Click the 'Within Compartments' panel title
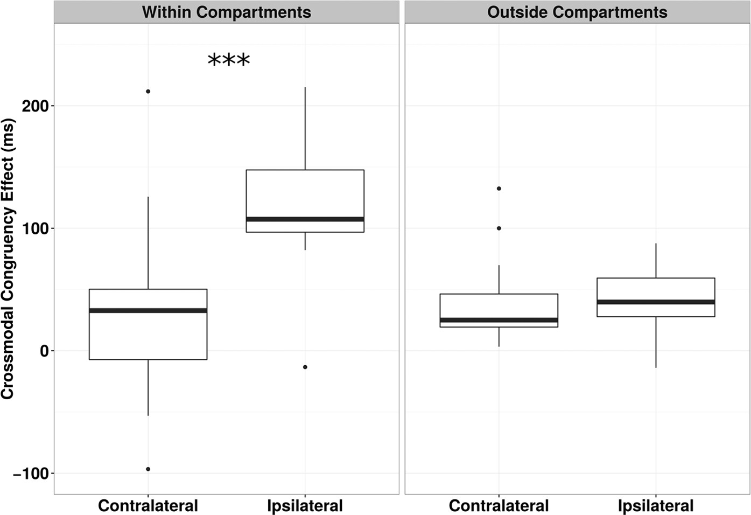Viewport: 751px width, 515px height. (226, 12)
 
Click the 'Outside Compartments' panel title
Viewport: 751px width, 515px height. (577, 12)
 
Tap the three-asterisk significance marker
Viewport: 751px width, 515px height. (229, 59)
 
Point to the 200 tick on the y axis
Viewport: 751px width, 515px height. (35, 106)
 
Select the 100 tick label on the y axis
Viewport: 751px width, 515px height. (35, 228)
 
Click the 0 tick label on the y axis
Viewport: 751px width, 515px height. (44, 351)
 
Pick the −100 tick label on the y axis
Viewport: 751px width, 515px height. (30, 474)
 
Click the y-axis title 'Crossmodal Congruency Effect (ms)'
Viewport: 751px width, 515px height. (8, 259)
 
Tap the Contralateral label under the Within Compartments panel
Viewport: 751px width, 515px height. (148, 506)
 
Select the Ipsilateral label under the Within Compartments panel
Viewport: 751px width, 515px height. (305, 506)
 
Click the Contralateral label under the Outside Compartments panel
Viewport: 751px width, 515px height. (499, 506)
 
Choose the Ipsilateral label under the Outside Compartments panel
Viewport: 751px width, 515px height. (656, 506)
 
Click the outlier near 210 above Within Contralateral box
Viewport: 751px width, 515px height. (148, 92)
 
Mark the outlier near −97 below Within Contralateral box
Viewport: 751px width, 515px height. (148, 469)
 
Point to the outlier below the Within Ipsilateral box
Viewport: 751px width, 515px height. (305, 367)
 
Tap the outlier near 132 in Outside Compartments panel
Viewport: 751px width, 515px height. (499, 189)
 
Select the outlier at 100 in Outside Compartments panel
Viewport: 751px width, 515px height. (499, 228)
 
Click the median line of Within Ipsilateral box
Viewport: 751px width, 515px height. (305, 219)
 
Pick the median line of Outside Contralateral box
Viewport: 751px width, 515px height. (499, 320)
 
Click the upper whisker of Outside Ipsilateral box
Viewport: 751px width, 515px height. (656, 261)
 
